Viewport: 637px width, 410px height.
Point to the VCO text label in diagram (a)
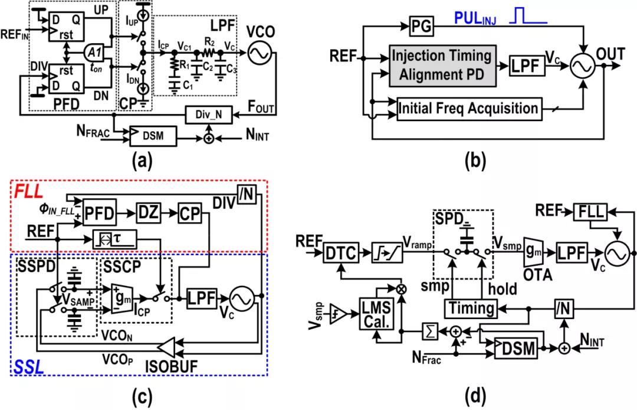point(260,28)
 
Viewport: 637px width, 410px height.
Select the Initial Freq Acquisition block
point(469,109)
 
